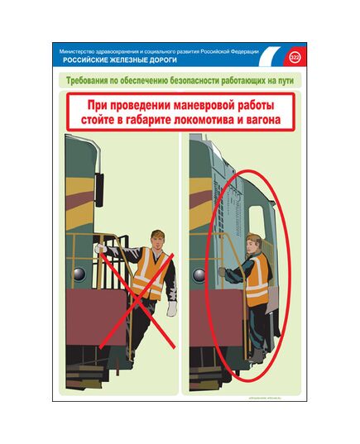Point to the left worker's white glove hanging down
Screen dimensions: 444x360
tap(172, 308)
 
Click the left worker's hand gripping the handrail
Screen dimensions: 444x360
tap(101, 247)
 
